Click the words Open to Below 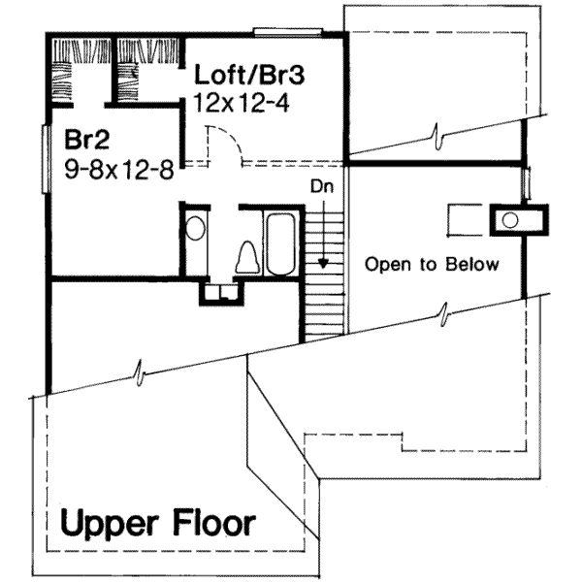432,264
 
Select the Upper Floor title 158,524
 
